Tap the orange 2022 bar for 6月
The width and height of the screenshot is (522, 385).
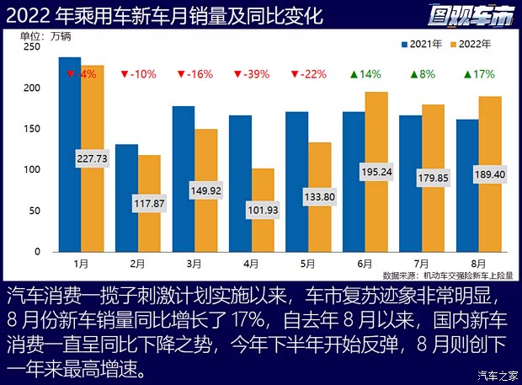(376, 211)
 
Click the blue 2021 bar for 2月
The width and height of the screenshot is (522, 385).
(126, 198)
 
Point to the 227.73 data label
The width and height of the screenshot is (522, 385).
(93, 158)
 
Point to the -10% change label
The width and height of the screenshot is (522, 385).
(138, 74)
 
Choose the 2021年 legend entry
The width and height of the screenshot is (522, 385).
(423, 43)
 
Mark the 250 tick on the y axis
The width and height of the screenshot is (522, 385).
(33, 47)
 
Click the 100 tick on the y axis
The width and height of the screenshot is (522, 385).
(33, 170)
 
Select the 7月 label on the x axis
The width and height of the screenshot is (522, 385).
(421, 264)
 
